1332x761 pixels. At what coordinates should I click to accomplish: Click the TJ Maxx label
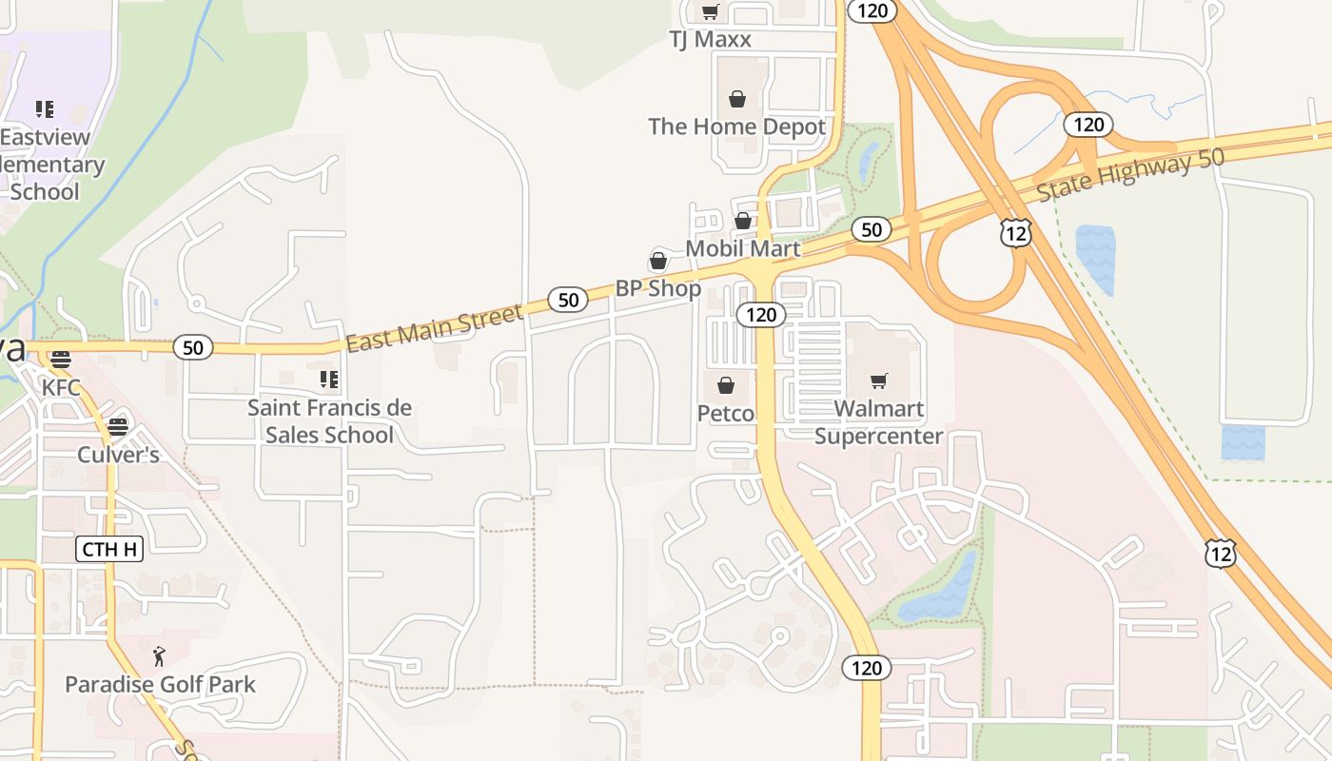[x=710, y=39]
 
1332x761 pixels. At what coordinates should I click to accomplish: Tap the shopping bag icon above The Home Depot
[x=736, y=99]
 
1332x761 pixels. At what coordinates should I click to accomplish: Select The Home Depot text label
[x=736, y=127]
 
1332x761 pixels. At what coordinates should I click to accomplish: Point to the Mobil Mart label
[x=743, y=248]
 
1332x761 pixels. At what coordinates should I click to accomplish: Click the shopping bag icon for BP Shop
[x=657, y=261]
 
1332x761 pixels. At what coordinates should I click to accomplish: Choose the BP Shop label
[x=657, y=288]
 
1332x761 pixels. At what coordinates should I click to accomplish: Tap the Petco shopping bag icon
[x=726, y=385]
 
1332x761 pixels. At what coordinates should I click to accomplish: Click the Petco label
[x=726, y=414]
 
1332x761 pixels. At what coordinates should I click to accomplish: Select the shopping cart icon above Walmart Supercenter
[x=878, y=381]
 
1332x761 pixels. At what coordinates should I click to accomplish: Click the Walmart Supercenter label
[x=878, y=422]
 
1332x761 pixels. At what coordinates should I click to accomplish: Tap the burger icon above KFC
[x=61, y=360]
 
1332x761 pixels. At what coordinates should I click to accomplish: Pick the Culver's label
[x=118, y=455]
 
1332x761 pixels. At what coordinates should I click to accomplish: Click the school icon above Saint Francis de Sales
[x=329, y=380]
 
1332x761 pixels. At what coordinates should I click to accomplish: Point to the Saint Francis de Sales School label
[x=329, y=421]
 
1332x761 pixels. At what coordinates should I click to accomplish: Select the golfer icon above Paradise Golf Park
[x=159, y=656]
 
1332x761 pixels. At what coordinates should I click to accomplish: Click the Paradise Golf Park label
[x=160, y=684]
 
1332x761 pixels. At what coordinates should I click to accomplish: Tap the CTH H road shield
[x=108, y=549]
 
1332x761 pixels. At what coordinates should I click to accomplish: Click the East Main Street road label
[x=434, y=328]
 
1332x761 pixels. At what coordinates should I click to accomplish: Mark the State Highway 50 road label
[x=1129, y=176]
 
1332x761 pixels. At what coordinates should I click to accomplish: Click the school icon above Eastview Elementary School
[x=44, y=109]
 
